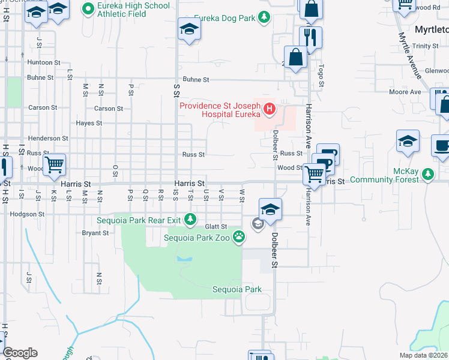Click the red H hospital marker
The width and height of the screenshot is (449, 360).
coord(270,109)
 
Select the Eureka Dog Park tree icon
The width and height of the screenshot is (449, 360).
coord(264,19)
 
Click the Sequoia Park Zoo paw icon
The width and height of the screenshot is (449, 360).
coord(240,236)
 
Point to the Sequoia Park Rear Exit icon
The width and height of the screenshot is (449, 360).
coord(190,218)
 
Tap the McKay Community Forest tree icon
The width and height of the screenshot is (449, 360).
coord(427,175)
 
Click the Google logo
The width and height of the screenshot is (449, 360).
coord(20,353)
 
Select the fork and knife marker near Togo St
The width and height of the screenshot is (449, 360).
coord(310,37)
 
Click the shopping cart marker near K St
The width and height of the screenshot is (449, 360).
coord(54,163)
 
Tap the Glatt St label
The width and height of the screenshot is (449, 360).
coord(215,227)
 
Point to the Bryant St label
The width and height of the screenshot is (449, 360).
coord(95,233)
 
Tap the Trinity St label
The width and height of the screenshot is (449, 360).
coord(425,46)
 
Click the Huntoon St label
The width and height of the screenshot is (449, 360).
coord(43,62)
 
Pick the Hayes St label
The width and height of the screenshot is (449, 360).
coord(89,123)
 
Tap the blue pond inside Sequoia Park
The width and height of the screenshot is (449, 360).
coord(183,260)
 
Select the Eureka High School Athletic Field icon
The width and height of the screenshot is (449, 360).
coord(88,8)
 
